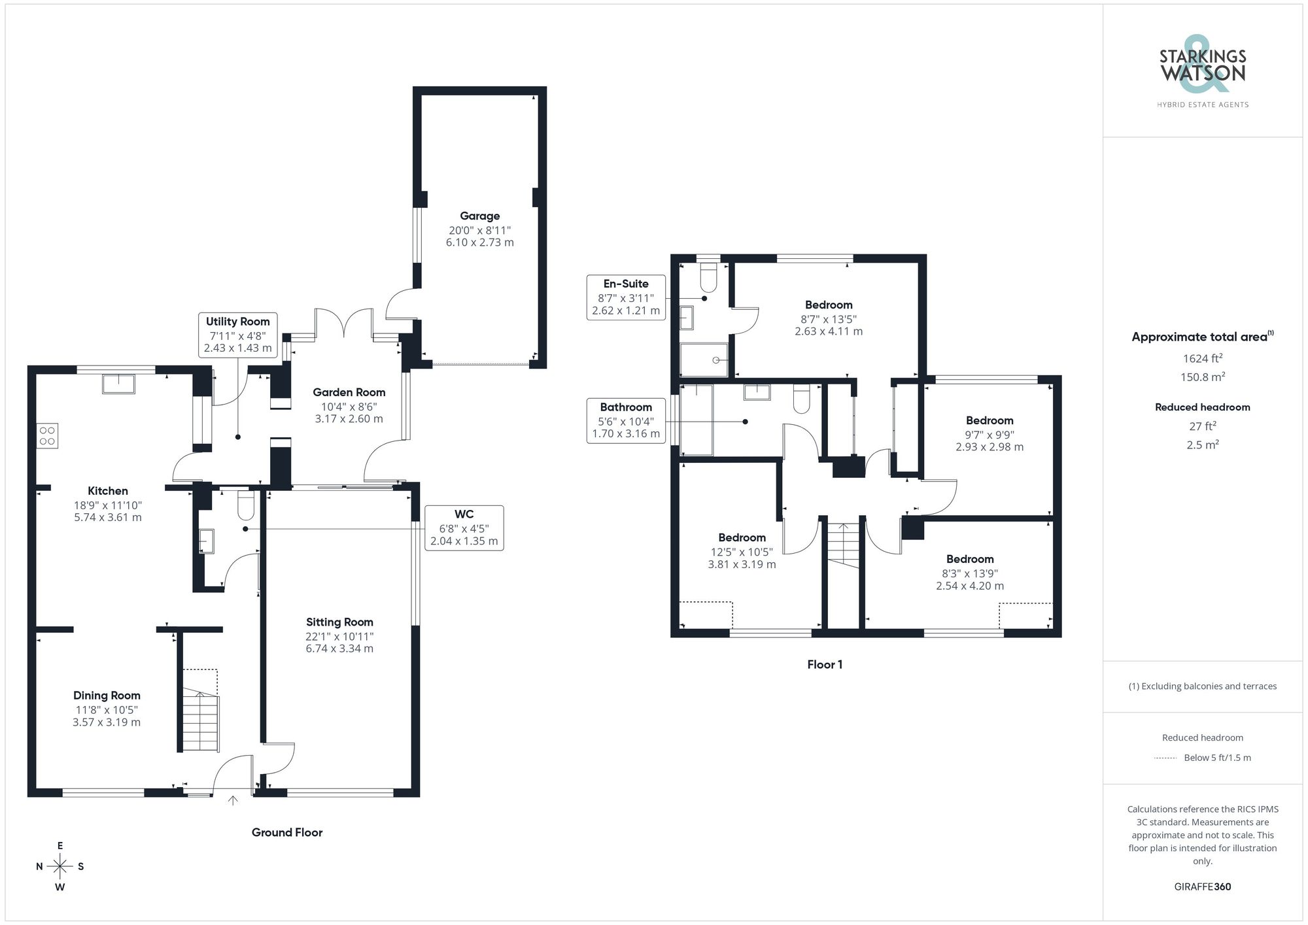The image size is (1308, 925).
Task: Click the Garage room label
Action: pyautogui.click(x=479, y=216)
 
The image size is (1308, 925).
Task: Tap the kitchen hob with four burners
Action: pyautogui.click(x=47, y=436)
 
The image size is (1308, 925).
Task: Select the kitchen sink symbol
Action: pyautogui.click(x=118, y=384)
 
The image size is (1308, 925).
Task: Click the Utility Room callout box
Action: pyautogui.click(x=237, y=335)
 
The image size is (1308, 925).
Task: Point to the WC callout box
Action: pyautogui.click(x=464, y=528)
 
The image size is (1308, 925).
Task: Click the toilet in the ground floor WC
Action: pyautogui.click(x=246, y=505)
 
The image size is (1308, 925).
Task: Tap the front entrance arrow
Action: pyautogui.click(x=233, y=799)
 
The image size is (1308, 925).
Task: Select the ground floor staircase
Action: pyautogui.click(x=199, y=713)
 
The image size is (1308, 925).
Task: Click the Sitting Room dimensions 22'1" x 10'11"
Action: pyautogui.click(x=339, y=636)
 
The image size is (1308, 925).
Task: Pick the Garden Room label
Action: pyautogui.click(x=349, y=392)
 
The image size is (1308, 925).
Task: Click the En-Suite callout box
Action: pyautogui.click(x=626, y=297)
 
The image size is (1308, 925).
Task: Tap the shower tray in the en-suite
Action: pyautogui.click(x=704, y=360)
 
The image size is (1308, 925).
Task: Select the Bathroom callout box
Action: pyautogui.click(x=626, y=420)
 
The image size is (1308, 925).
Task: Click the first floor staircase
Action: pyautogui.click(x=844, y=544)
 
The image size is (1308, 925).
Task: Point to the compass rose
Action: pyautogui.click(x=60, y=867)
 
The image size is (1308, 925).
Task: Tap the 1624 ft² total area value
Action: pyautogui.click(x=1202, y=358)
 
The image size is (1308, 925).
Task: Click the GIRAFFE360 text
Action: pyautogui.click(x=1202, y=886)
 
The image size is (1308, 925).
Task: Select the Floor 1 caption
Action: pyautogui.click(x=825, y=664)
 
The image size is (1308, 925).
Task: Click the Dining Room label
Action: pyautogui.click(x=107, y=696)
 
